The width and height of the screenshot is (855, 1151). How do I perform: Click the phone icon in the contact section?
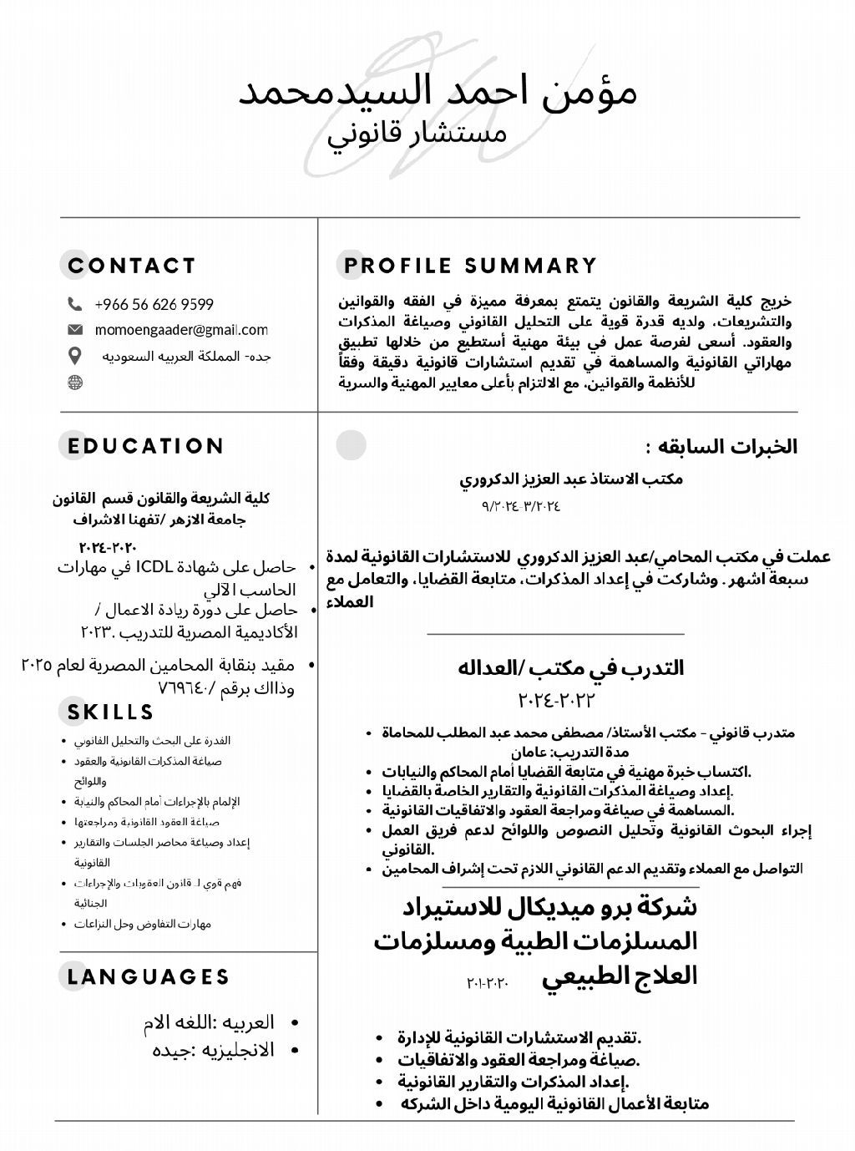point(75,304)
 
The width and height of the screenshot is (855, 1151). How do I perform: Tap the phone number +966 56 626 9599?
point(154,304)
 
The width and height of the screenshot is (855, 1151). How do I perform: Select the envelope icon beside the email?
point(75,330)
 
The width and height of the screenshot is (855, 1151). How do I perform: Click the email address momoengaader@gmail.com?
point(181,330)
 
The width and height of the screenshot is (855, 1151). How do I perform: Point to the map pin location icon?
point(75,357)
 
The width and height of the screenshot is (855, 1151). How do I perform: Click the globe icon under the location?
point(75,383)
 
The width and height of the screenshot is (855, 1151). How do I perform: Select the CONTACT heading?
point(132,266)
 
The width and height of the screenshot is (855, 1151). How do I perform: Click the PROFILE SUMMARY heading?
point(471,266)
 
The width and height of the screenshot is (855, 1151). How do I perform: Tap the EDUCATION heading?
point(146,446)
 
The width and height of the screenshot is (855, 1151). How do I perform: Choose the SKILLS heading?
point(111,712)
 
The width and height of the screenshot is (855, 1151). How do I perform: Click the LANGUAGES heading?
point(149,976)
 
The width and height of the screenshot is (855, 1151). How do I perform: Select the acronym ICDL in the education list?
point(154,568)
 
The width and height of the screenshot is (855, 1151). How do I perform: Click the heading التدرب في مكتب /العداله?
point(570,668)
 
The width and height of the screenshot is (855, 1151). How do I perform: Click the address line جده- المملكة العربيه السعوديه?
point(187,357)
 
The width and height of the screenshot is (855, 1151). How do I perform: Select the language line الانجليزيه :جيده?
point(213,1050)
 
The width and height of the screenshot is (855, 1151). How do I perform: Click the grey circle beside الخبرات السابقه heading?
point(352,445)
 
